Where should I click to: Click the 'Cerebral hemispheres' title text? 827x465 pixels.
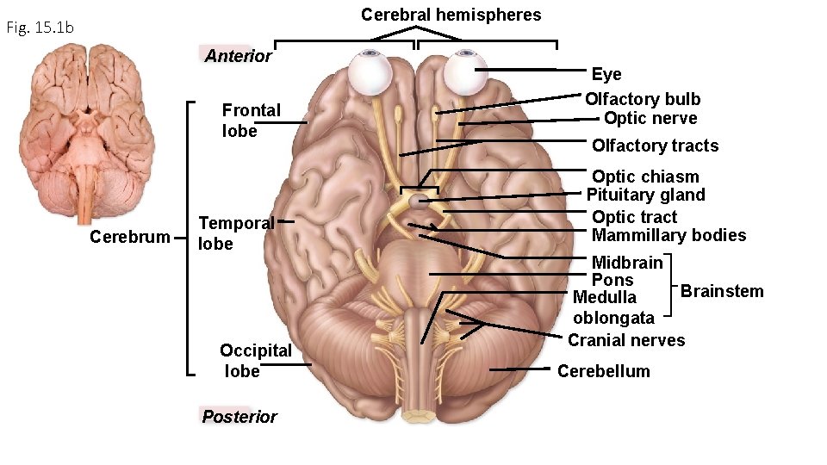click(x=451, y=15)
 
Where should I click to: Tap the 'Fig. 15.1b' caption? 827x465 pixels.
click(x=40, y=28)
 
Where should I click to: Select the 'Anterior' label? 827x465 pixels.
click(x=238, y=57)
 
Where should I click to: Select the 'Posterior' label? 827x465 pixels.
click(x=239, y=417)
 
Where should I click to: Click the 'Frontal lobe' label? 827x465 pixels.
click(x=251, y=121)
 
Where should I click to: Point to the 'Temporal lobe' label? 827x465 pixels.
click(x=235, y=233)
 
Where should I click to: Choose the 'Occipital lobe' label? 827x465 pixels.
click(x=255, y=360)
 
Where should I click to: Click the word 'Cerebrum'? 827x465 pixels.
click(x=130, y=237)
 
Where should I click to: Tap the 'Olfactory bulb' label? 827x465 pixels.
click(x=643, y=99)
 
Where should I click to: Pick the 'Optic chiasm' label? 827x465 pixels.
click(x=645, y=177)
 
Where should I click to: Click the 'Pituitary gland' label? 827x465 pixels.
click(x=645, y=195)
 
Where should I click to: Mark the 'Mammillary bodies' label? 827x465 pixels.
click(x=668, y=235)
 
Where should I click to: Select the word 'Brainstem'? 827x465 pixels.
click(x=722, y=291)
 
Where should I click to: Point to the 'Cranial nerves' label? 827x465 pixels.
click(x=626, y=340)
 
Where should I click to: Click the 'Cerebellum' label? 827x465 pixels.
click(x=603, y=371)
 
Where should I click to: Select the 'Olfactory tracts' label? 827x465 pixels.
click(x=655, y=146)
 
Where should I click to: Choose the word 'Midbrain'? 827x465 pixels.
click(x=627, y=262)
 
